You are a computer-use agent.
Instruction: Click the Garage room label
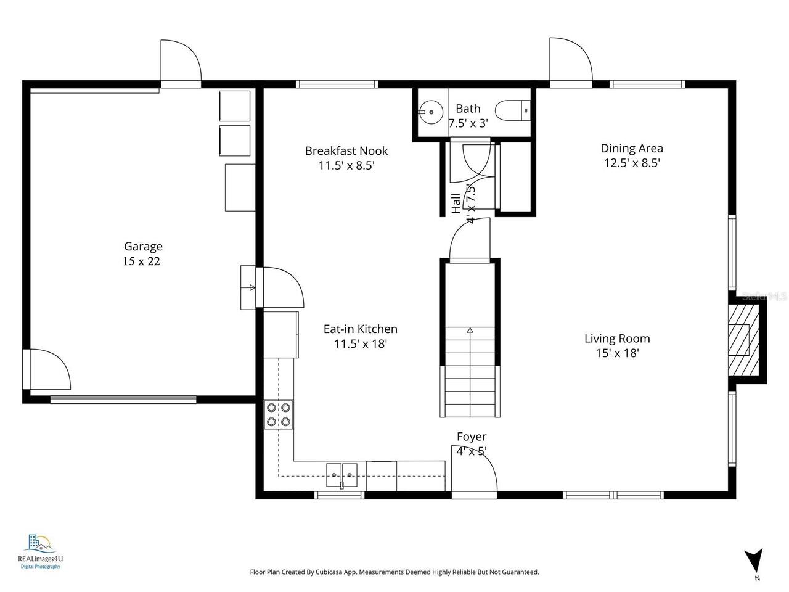point(143,247)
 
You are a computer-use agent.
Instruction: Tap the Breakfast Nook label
point(346,150)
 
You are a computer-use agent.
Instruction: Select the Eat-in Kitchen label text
point(360,329)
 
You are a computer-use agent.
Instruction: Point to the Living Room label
point(617,339)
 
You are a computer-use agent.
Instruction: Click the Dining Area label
point(632,148)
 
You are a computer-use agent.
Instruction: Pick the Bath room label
point(468,109)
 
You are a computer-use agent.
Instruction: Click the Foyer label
point(472,437)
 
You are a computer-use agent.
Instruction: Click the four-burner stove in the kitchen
point(279,414)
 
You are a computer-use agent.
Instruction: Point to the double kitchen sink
point(341,475)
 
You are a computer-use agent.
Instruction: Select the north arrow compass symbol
point(753,561)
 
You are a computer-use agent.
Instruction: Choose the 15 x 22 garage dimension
point(141,261)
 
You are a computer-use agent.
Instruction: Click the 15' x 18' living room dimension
point(617,353)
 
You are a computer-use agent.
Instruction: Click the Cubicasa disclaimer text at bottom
point(394,572)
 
